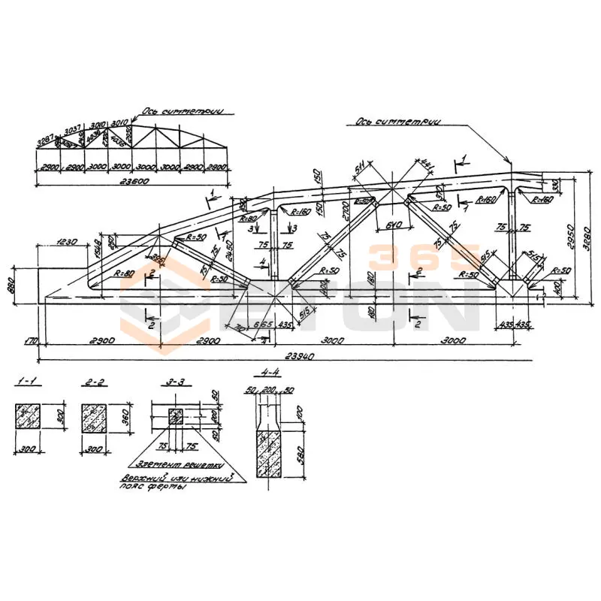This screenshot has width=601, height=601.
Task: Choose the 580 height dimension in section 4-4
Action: coord(298,455)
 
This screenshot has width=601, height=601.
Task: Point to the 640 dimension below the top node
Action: coord(391,225)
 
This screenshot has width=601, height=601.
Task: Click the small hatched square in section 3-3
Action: coord(175,416)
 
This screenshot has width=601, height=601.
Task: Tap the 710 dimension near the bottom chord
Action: coord(240,328)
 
